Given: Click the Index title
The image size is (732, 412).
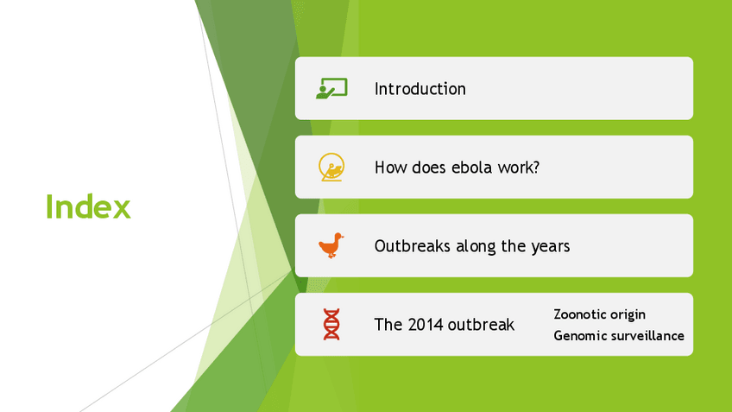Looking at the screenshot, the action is tap(88, 206).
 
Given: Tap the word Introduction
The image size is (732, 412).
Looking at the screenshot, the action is tap(420, 89).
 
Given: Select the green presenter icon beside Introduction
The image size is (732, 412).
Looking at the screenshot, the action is tap(331, 88).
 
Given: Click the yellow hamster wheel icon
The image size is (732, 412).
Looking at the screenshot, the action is tap(331, 167).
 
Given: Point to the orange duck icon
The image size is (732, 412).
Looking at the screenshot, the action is tap(331, 245).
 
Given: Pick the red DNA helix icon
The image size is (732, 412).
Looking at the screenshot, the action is tap(331, 324).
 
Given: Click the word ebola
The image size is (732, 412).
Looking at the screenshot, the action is tap(470, 168).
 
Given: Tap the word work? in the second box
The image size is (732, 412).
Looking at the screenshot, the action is tap(518, 168).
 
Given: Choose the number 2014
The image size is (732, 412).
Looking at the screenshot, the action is tap(424, 324).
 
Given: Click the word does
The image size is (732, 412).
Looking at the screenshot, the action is tap(428, 168).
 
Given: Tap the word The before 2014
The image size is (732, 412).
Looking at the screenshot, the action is tap(388, 324).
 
